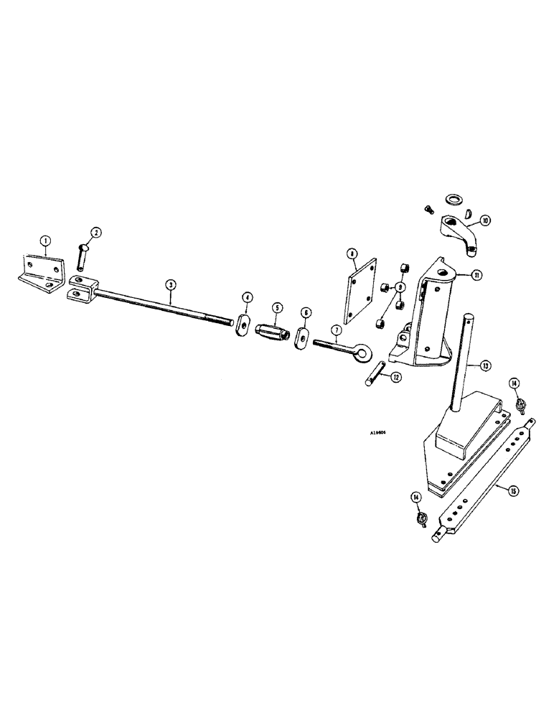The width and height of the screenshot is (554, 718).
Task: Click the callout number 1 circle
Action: coord(44,242)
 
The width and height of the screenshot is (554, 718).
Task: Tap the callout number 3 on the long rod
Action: coord(169,284)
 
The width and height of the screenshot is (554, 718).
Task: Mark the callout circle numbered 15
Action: coord(514,491)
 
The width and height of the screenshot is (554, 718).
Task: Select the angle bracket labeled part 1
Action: coord(42,271)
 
